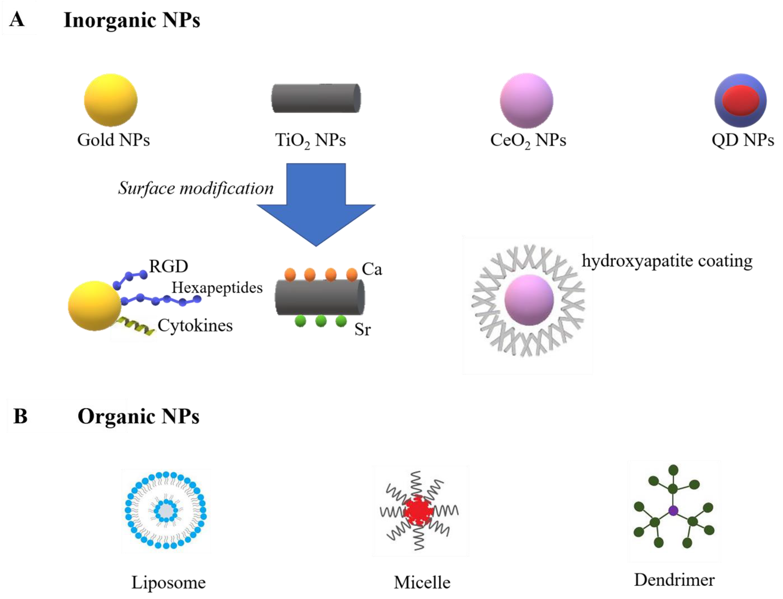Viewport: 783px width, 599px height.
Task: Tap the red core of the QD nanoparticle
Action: pyautogui.click(x=740, y=100)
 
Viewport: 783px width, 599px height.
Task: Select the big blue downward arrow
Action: pyautogui.click(x=316, y=203)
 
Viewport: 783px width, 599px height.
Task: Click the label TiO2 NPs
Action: pyautogui.click(x=310, y=140)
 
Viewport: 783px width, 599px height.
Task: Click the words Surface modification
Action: pyautogui.click(x=196, y=188)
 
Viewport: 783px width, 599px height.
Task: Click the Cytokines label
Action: pyautogui.click(x=195, y=325)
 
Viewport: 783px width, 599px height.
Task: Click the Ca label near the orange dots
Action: pyautogui.click(x=372, y=269)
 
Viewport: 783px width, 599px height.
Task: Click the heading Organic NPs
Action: pyautogui.click(x=138, y=416)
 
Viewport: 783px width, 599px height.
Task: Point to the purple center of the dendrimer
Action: pyautogui.click(x=673, y=511)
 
